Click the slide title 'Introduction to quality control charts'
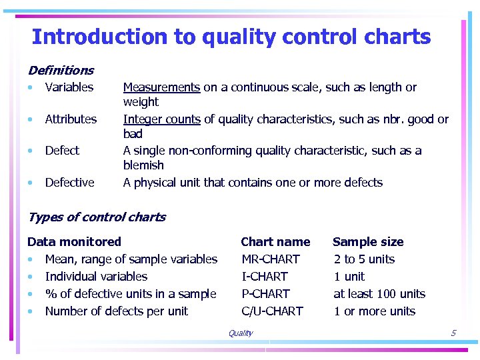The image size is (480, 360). (x=231, y=37)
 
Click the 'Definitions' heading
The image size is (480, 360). (x=61, y=70)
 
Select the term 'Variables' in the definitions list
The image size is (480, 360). (x=69, y=87)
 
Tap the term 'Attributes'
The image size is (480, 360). (x=71, y=119)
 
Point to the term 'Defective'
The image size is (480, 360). (x=69, y=183)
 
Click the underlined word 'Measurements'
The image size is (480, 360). (x=161, y=87)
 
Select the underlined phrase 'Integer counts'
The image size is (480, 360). (x=161, y=119)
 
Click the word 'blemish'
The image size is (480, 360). (x=143, y=165)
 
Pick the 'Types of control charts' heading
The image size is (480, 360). (x=97, y=217)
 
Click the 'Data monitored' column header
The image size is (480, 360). (x=74, y=242)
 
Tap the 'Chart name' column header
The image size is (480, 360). (x=275, y=242)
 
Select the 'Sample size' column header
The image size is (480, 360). (x=368, y=242)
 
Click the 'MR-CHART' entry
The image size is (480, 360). (x=271, y=259)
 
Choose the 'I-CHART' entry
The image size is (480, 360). (x=265, y=277)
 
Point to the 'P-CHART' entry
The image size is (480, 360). (x=265, y=294)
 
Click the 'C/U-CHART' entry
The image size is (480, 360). (x=272, y=311)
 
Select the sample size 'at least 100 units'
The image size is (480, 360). (x=379, y=294)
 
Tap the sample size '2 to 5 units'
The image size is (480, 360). (x=364, y=259)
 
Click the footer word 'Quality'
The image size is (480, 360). (x=240, y=333)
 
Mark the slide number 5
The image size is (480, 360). (x=453, y=333)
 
